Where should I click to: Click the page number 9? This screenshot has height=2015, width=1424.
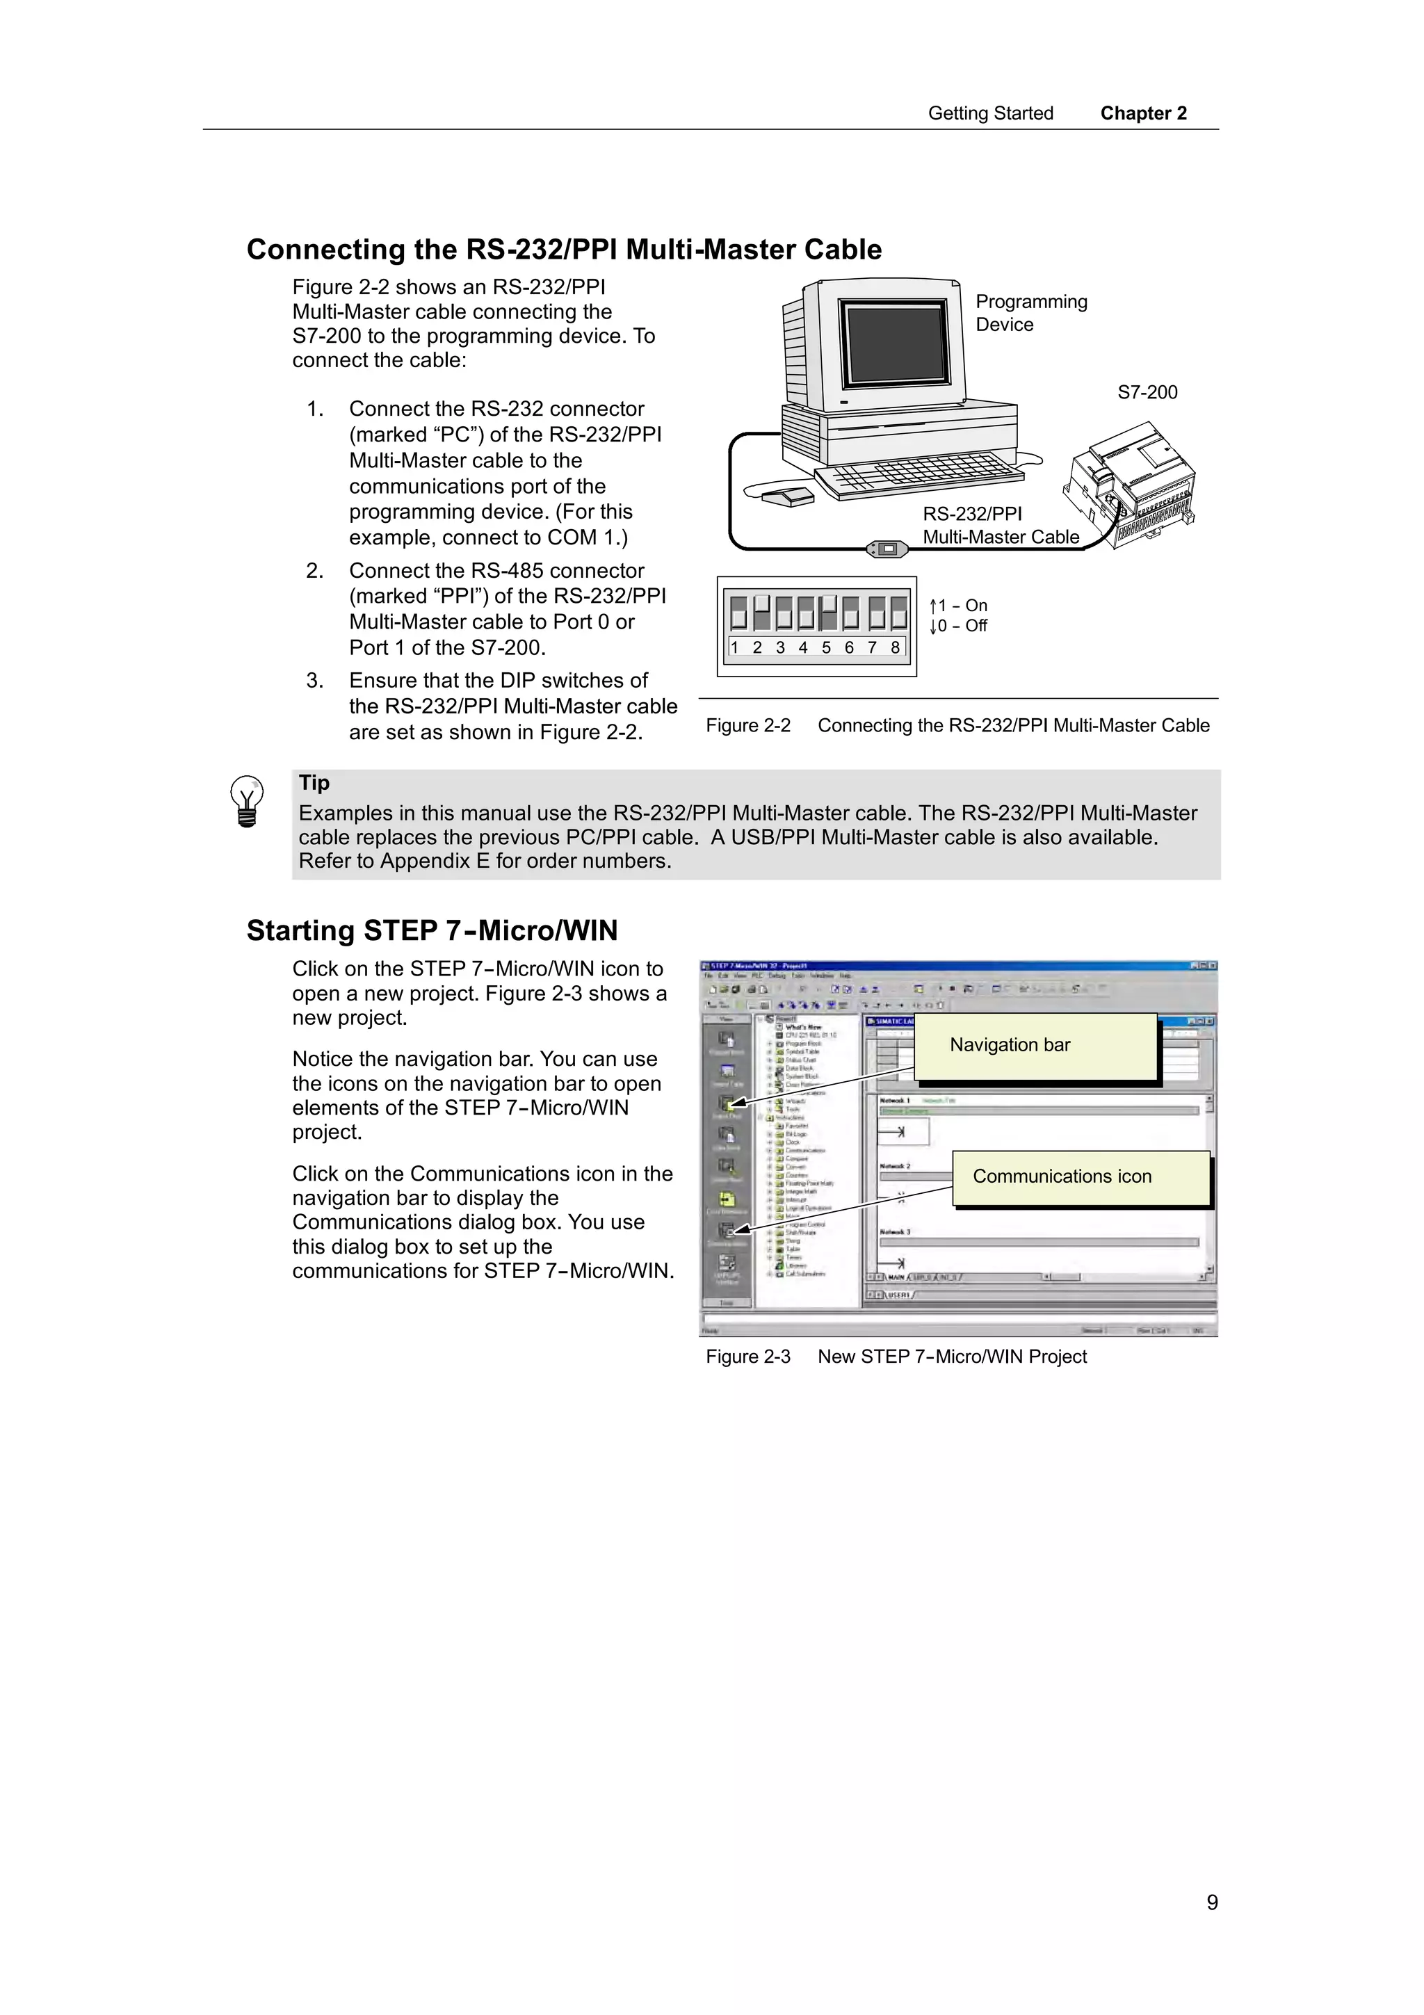coord(1212,1902)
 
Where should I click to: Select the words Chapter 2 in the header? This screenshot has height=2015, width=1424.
coord(1143,113)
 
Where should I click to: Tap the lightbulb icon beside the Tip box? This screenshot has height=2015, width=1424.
coord(247,800)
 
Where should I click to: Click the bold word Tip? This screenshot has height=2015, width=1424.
coord(314,783)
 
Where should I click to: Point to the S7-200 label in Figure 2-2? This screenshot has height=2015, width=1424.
coord(1147,392)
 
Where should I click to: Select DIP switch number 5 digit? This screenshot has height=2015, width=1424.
coord(825,648)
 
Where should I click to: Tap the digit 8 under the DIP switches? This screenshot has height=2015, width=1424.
coord(894,648)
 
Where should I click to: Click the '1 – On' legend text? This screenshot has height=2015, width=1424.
coord(959,606)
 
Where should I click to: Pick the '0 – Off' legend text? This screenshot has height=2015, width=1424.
coord(959,626)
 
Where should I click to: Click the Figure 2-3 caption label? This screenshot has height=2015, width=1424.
coord(747,1357)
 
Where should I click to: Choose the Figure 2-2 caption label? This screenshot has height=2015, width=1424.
coord(747,726)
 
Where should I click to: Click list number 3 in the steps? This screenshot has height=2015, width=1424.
coord(315,681)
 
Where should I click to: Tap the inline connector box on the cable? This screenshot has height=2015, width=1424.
coord(888,549)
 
